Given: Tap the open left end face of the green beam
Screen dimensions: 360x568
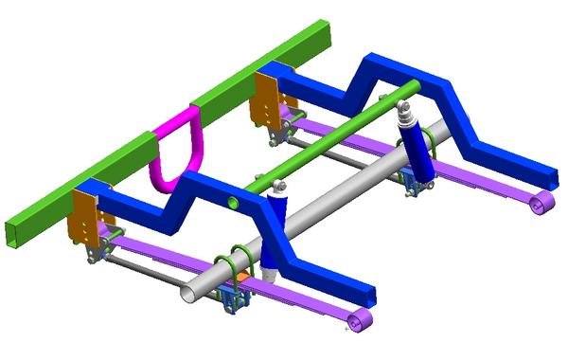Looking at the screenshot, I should [x=18, y=232].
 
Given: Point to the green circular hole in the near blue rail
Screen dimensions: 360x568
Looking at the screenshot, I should [x=233, y=202].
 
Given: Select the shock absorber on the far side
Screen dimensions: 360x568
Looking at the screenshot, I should [x=416, y=147].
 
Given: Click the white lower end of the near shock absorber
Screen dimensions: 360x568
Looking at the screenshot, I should [x=269, y=275].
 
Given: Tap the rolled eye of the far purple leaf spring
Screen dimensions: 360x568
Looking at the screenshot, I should [x=541, y=205].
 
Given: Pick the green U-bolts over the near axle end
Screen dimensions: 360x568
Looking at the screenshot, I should [x=232, y=265].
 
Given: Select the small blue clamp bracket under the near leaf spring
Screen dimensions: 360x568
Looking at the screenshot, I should [x=232, y=300].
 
